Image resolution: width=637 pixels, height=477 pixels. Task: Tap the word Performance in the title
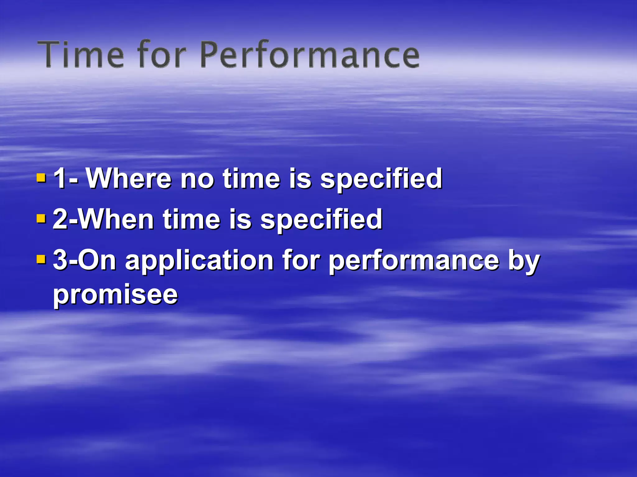tap(309, 54)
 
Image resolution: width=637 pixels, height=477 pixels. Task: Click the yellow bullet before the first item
tap(41, 178)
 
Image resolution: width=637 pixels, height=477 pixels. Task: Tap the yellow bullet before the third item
tap(41, 259)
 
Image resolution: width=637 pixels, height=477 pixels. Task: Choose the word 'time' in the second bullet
tap(192, 219)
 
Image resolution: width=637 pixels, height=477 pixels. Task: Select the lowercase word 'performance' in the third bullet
tap(414, 261)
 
